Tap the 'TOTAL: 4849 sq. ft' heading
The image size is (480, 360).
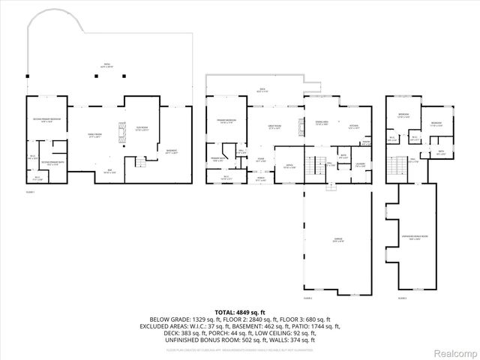coord(240,311)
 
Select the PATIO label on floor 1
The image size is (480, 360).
coord(106,65)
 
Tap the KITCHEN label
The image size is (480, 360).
coord(354,125)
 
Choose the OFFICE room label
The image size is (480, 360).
coord(288,166)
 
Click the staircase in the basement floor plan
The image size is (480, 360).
coord(139,162)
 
